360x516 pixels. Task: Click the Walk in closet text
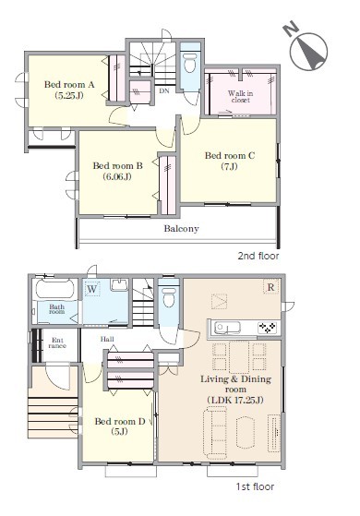(241, 96)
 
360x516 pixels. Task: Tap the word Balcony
(181, 228)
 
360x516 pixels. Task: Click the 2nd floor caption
(258, 256)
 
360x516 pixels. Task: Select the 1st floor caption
(255, 486)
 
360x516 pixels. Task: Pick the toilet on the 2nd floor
(190, 62)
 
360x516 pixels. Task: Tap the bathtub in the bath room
(54, 289)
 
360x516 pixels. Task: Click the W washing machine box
(92, 289)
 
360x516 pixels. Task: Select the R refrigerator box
(270, 287)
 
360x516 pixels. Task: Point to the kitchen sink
(227, 328)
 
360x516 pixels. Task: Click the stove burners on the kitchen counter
(268, 328)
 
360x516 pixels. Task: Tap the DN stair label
(164, 90)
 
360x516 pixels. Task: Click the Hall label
(107, 339)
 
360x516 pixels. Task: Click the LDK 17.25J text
(235, 401)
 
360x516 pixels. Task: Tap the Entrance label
(57, 342)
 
